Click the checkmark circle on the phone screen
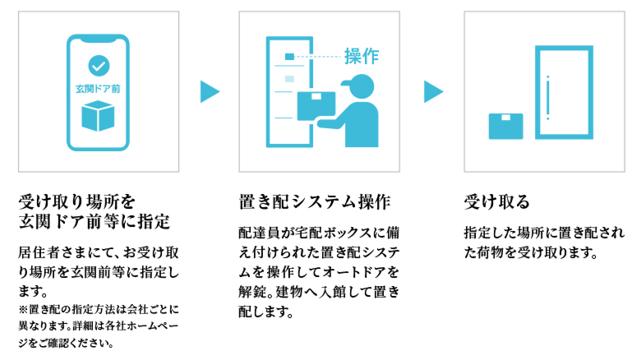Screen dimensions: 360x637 pyautogui.click(x=98, y=64)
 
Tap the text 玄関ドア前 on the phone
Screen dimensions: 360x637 pyautogui.click(x=98, y=87)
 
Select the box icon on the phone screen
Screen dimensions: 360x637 pyautogui.click(x=98, y=116)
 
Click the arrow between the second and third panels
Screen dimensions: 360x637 pyautogui.click(x=433, y=91)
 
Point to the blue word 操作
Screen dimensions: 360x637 pyautogui.click(x=362, y=56)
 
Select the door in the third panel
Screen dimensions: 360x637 pyautogui.click(x=565, y=91)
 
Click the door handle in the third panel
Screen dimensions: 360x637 pyautogui.click(x=548, y=91)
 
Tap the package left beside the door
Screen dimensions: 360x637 pyautogui.click(x=505, y=126)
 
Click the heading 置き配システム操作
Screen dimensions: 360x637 pyautogui.click(x=314, y=202)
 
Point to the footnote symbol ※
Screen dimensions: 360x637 pyautogui.click(x=23, y=310)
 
